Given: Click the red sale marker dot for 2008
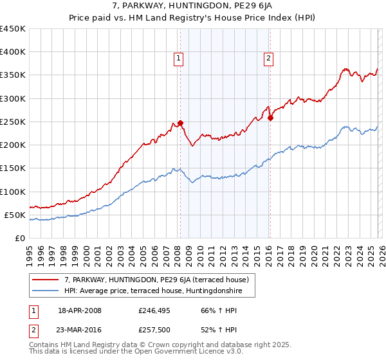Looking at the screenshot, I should pos(180,123).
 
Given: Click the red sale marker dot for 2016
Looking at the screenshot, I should pos(270,118).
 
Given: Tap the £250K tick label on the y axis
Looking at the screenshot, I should pos(13,122).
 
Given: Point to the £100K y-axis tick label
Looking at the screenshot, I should pos(13,192).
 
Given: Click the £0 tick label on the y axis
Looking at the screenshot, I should pos(19,238).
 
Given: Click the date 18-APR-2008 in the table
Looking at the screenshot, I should pos(80,310).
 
